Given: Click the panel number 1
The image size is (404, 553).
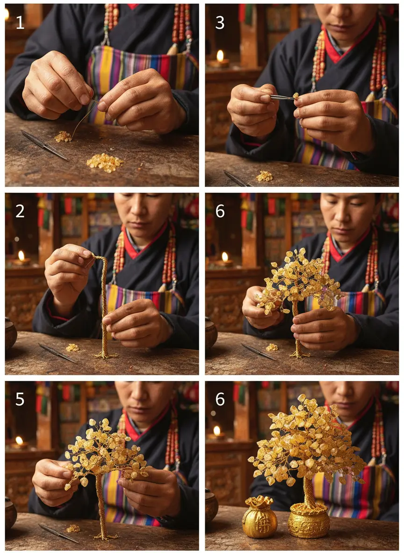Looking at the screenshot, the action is point(20,22).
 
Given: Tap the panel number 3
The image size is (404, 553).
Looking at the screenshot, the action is point(220,22).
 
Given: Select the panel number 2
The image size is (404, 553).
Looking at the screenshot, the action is point(20,211).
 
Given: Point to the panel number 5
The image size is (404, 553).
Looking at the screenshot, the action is point(20,399).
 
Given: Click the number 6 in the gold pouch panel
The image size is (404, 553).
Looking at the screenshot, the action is point(220,399).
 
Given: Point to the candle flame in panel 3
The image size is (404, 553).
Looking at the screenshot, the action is point(220,56).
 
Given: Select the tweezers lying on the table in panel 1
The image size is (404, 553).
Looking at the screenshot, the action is point(44,145).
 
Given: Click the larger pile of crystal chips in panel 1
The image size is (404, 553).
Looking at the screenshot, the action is point(105,163).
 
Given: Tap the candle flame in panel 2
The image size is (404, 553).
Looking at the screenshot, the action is point(22,255).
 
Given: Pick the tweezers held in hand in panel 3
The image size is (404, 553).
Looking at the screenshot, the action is point(282,97).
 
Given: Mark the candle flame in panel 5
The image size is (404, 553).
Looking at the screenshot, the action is point(19,440).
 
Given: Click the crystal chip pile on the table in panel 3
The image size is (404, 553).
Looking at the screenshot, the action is point(265,176).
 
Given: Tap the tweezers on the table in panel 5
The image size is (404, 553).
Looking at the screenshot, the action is point(58,533).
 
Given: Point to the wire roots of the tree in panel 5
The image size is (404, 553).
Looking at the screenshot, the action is point(104,537).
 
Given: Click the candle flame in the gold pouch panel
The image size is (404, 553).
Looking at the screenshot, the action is point(217,431).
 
